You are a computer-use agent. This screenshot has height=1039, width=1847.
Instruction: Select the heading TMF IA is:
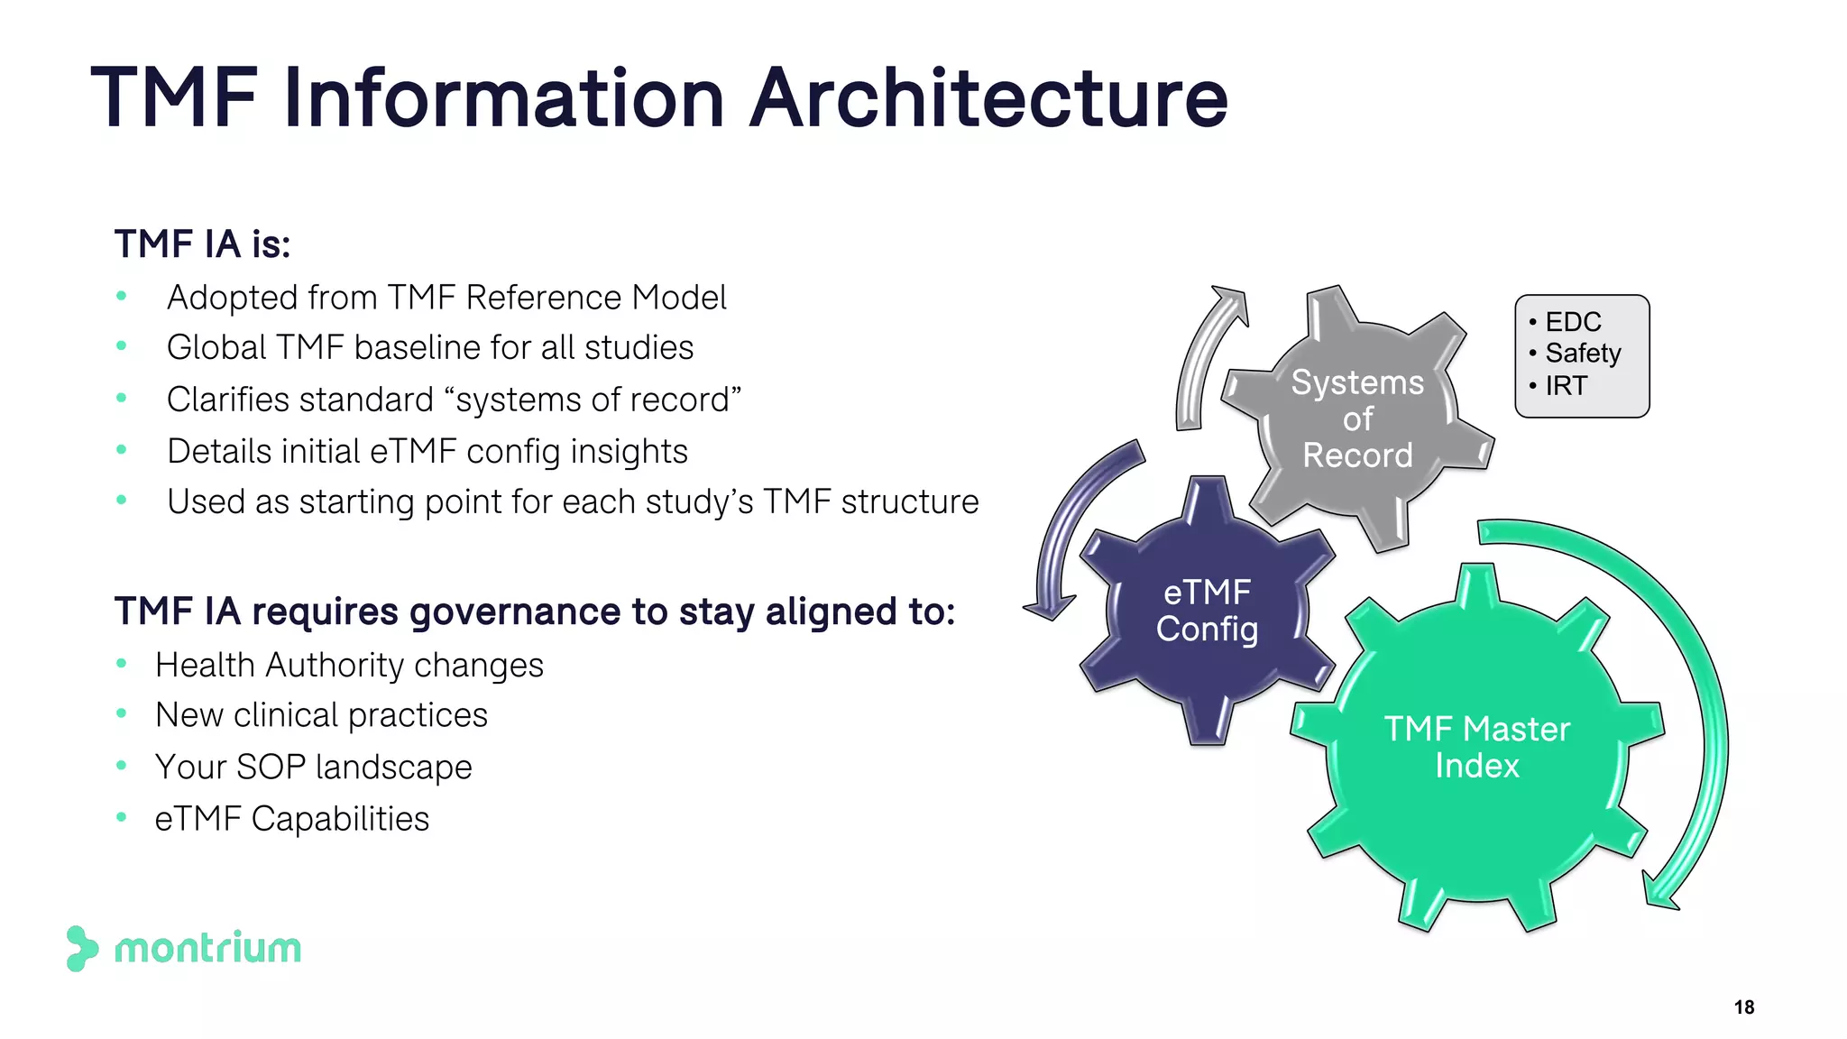click(x=203, y=244)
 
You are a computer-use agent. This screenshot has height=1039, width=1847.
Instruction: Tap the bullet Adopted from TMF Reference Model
click(x=446, y=298)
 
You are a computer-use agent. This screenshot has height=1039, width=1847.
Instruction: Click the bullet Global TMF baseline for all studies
click(x=430, y=348)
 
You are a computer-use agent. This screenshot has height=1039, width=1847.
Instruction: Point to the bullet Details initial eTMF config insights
click(x=427, y=452)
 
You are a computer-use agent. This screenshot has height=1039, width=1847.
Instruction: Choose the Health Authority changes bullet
click(x=349, y=666)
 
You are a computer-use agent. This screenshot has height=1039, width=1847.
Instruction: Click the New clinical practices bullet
click(x=321, y=715)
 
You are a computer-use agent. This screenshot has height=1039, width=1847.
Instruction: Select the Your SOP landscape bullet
click(x=313, y=768)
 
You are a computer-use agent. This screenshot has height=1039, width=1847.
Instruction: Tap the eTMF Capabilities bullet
click(x=292, y=819)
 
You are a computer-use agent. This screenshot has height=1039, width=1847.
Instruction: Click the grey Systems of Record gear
click(x=1357, y=418)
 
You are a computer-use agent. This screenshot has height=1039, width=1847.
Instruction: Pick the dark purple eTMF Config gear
click(x=1207, y=611)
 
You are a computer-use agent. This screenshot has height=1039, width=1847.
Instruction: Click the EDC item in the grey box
click(x=1573, y=322)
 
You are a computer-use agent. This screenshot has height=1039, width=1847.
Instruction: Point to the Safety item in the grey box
click(x=1583, y=354)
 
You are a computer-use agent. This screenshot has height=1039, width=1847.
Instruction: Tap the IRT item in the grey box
click(x=1566, y=386)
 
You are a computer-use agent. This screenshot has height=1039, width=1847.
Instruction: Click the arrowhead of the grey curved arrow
click(x=1232, y=301)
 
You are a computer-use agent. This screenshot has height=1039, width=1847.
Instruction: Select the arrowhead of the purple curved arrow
click(x=1049, y=607)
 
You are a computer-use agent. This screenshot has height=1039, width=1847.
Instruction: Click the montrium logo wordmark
click(x=207, y=949)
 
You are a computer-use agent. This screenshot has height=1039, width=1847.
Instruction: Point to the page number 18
click(x=1743, y=1007)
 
